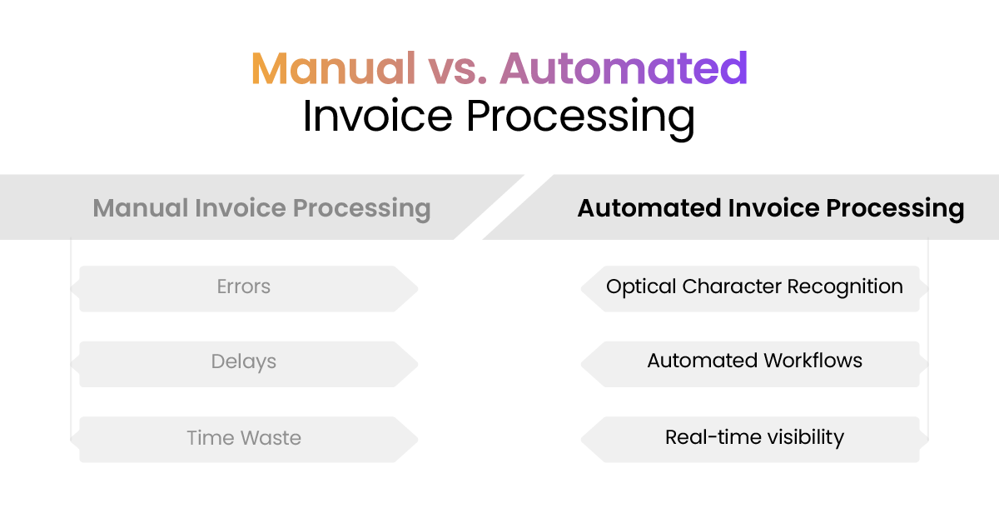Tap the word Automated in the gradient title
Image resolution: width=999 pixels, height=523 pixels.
point(624,68)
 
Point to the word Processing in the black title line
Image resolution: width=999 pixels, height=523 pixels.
point(579,116)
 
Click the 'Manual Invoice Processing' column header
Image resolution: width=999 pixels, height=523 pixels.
point(261,207)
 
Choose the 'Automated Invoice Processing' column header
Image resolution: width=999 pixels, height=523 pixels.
point(771,207)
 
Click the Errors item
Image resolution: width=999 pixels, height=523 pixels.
point(244,287)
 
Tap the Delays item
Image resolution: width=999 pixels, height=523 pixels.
point(244,362)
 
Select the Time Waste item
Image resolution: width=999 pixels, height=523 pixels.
point(244,438)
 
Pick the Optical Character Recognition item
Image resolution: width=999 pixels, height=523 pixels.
point(754,287)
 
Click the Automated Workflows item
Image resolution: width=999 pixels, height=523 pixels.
point(754,361)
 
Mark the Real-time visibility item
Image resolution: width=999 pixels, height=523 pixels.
point(754,437)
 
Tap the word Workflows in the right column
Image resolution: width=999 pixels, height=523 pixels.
point(812,361)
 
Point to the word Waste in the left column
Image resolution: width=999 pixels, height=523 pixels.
point(271,438)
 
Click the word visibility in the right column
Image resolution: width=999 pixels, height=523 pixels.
point(801,437)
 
